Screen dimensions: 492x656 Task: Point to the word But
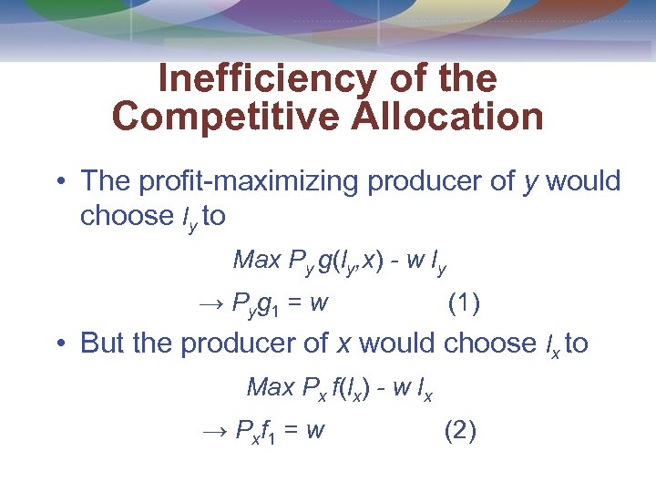[104, 343]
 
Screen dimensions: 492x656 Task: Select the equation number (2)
[460, 429]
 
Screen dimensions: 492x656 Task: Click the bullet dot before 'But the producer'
[59, 344]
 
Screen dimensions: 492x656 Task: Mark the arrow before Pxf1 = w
[212, 430]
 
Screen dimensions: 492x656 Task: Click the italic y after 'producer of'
[530, 181]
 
